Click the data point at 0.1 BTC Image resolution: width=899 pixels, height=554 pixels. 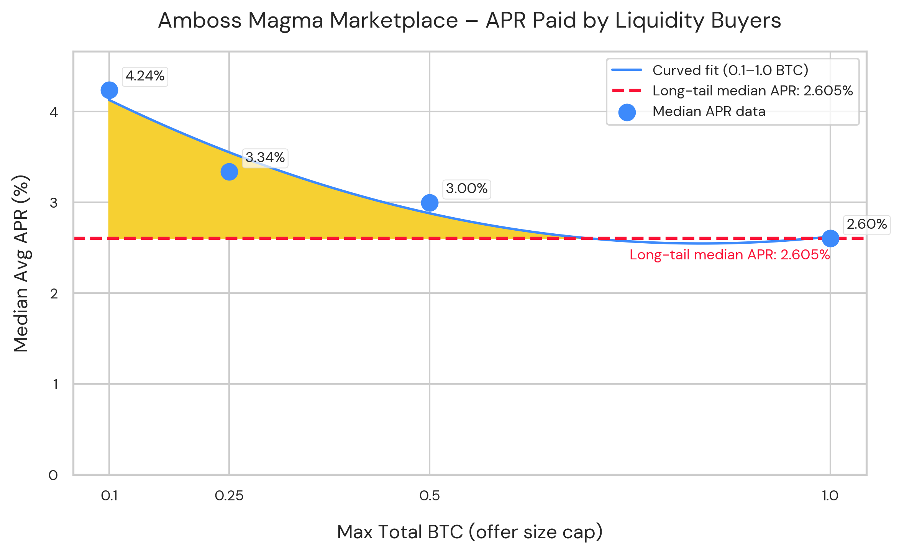[x=109, y=90]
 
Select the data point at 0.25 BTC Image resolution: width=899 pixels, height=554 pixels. [x=229, y=172]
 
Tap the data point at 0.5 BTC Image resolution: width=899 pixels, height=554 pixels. [x=430, y=203]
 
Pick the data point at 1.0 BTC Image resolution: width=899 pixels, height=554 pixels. [x=830, y=239]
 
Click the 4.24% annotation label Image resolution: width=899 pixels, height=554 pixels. [x=145, y=76]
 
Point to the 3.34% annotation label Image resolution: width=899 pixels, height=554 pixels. [x=265, y=157]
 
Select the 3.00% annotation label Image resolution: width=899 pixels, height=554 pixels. [x=466, y=188]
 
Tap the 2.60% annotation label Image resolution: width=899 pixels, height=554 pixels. [x=866, y=224]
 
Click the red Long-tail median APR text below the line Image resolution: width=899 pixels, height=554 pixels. [x=730, y=255]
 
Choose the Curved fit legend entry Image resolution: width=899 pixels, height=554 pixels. [x=730, y=70]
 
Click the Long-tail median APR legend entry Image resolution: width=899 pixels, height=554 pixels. [x=752, y=91]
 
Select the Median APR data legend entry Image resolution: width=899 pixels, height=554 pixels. [x=709, y=111]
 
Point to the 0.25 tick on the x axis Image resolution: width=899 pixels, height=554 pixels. [x=229, y=496]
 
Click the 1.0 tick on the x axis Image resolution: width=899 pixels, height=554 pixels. [x=830, y=496]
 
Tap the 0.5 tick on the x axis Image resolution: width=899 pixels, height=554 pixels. [x=430, y=496]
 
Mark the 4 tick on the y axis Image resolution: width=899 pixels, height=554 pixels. [x=54, y=112]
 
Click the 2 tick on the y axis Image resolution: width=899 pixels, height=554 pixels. [x=54, y=293]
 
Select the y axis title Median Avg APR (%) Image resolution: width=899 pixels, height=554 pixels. [x=21, y=263]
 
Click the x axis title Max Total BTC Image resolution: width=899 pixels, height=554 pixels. [x=470, y=532]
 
